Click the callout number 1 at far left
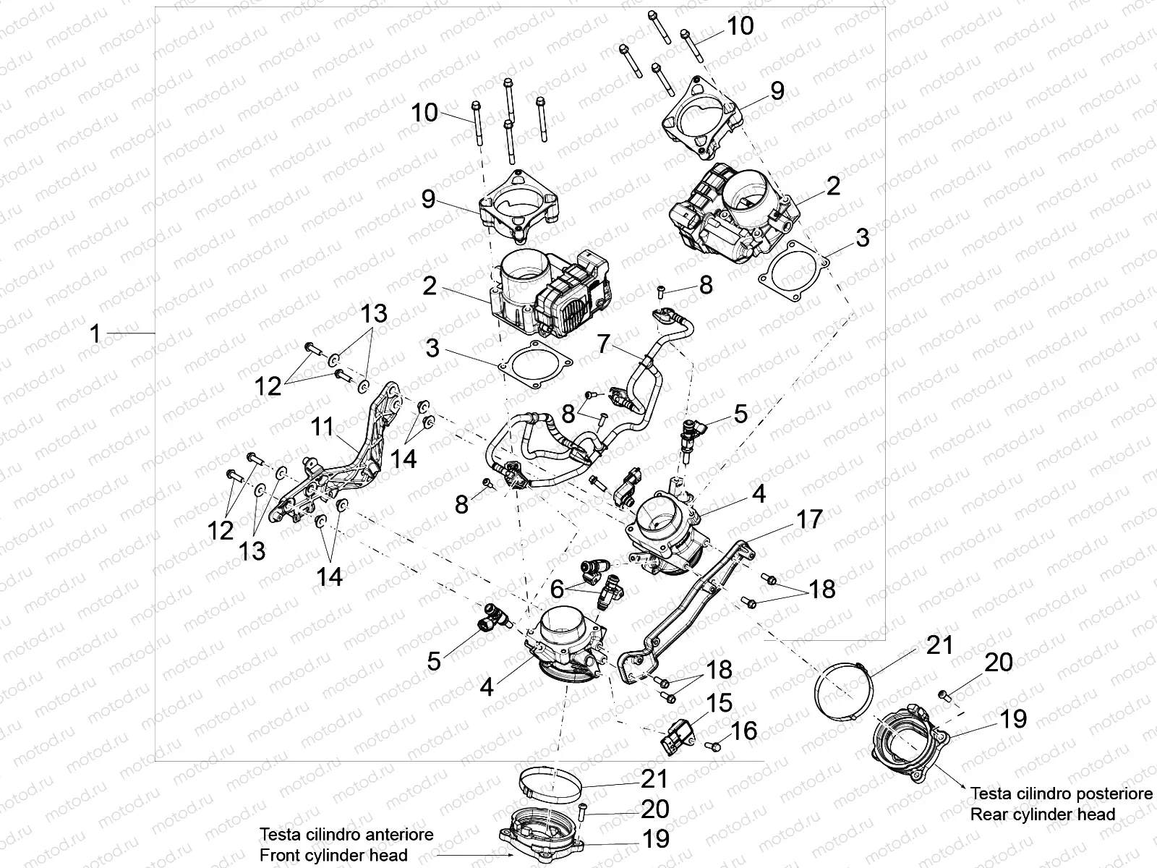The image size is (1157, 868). [x=95, y=334]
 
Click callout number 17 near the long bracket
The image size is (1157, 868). [x=809, y=519]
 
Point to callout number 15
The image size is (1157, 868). [x=720, y=703]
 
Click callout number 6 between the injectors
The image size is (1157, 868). [x=557, y=590]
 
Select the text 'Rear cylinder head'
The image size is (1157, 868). [x=1042, y=814]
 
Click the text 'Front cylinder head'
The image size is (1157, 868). [x=333, y=854]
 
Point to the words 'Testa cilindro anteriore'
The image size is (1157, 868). [x=346, y=834]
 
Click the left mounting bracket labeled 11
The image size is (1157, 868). [x=340, y=463]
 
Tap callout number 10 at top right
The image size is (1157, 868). [x=740, y=26]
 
